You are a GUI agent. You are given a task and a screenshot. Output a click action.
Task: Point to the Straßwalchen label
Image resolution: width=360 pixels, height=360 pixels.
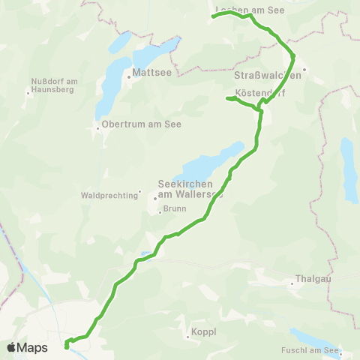pos(262,74)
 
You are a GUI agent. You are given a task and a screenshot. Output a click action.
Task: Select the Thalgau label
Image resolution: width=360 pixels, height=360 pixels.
pos(313,283)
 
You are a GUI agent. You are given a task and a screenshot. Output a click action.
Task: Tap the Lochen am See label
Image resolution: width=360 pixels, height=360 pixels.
pos(247,10)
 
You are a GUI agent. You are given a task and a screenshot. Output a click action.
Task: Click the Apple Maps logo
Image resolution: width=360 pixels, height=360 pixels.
pos(27,347)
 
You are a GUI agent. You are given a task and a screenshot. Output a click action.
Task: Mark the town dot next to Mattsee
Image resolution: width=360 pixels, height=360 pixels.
pos(130,74)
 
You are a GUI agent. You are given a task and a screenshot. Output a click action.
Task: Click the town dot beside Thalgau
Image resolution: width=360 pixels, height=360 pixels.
pos(292,283)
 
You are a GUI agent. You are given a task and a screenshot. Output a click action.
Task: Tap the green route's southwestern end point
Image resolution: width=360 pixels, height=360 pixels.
pos(67,346)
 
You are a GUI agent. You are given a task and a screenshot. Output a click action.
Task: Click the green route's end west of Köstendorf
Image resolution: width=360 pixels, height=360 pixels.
pos(227,98)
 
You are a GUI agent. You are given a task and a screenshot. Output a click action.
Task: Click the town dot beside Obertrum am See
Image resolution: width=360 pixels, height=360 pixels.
pos(97,127)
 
